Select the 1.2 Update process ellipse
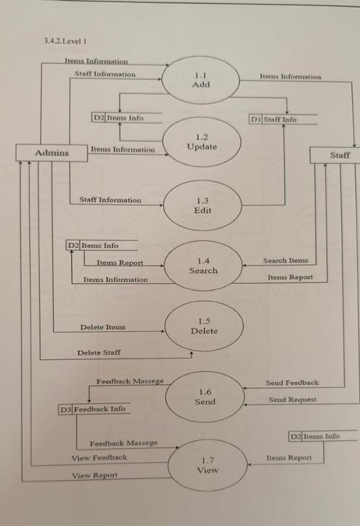click(x=201, y=142)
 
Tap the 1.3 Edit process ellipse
click(x=202, y=206)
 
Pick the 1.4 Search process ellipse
click(x=203, y=266)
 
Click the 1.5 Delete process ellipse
click(x=204, y=326)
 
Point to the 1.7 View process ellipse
click(x=207, y=465)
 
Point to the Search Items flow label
click(x=285, y=261)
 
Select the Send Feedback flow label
click(x=292, y=383)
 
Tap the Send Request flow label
click(x=293, y=400)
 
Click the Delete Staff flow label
click(x=99, y=352)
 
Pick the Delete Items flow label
click(x=103, y=327)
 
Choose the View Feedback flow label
click(x=99, y=457)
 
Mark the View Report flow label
click(x=95, y=475)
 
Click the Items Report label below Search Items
click(x=290, y=277)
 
